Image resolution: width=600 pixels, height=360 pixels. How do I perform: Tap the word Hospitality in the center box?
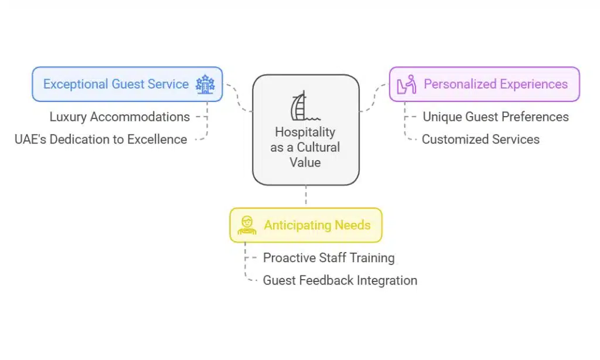[x=305, y=133]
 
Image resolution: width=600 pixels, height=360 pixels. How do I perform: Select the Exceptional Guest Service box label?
[x=116, y=84]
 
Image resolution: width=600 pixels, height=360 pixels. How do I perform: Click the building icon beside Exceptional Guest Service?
[x=205, y=84]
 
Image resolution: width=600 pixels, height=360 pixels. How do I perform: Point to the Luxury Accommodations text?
[x=120, y=117]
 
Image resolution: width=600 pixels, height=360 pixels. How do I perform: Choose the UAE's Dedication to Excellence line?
[x=101, y=140]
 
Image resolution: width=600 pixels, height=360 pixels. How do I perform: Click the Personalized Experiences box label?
[x=496, y=84]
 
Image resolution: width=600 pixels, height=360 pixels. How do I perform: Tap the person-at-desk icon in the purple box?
[x=407, y=84]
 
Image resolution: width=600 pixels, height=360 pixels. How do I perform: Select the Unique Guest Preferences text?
[x=496, y=117]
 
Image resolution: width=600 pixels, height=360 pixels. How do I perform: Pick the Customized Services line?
[x=480, y=140]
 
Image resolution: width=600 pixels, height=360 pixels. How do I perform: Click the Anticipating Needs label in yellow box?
[x=317, y=225]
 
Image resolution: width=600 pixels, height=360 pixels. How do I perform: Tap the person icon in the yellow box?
[x=247, y=225]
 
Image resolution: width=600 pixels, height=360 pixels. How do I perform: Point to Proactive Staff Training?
[x=329, y=257]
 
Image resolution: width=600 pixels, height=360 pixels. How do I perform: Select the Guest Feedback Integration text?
[x=340, y=280]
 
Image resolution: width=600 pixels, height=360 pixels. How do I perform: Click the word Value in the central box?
[x=305, y=162]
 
